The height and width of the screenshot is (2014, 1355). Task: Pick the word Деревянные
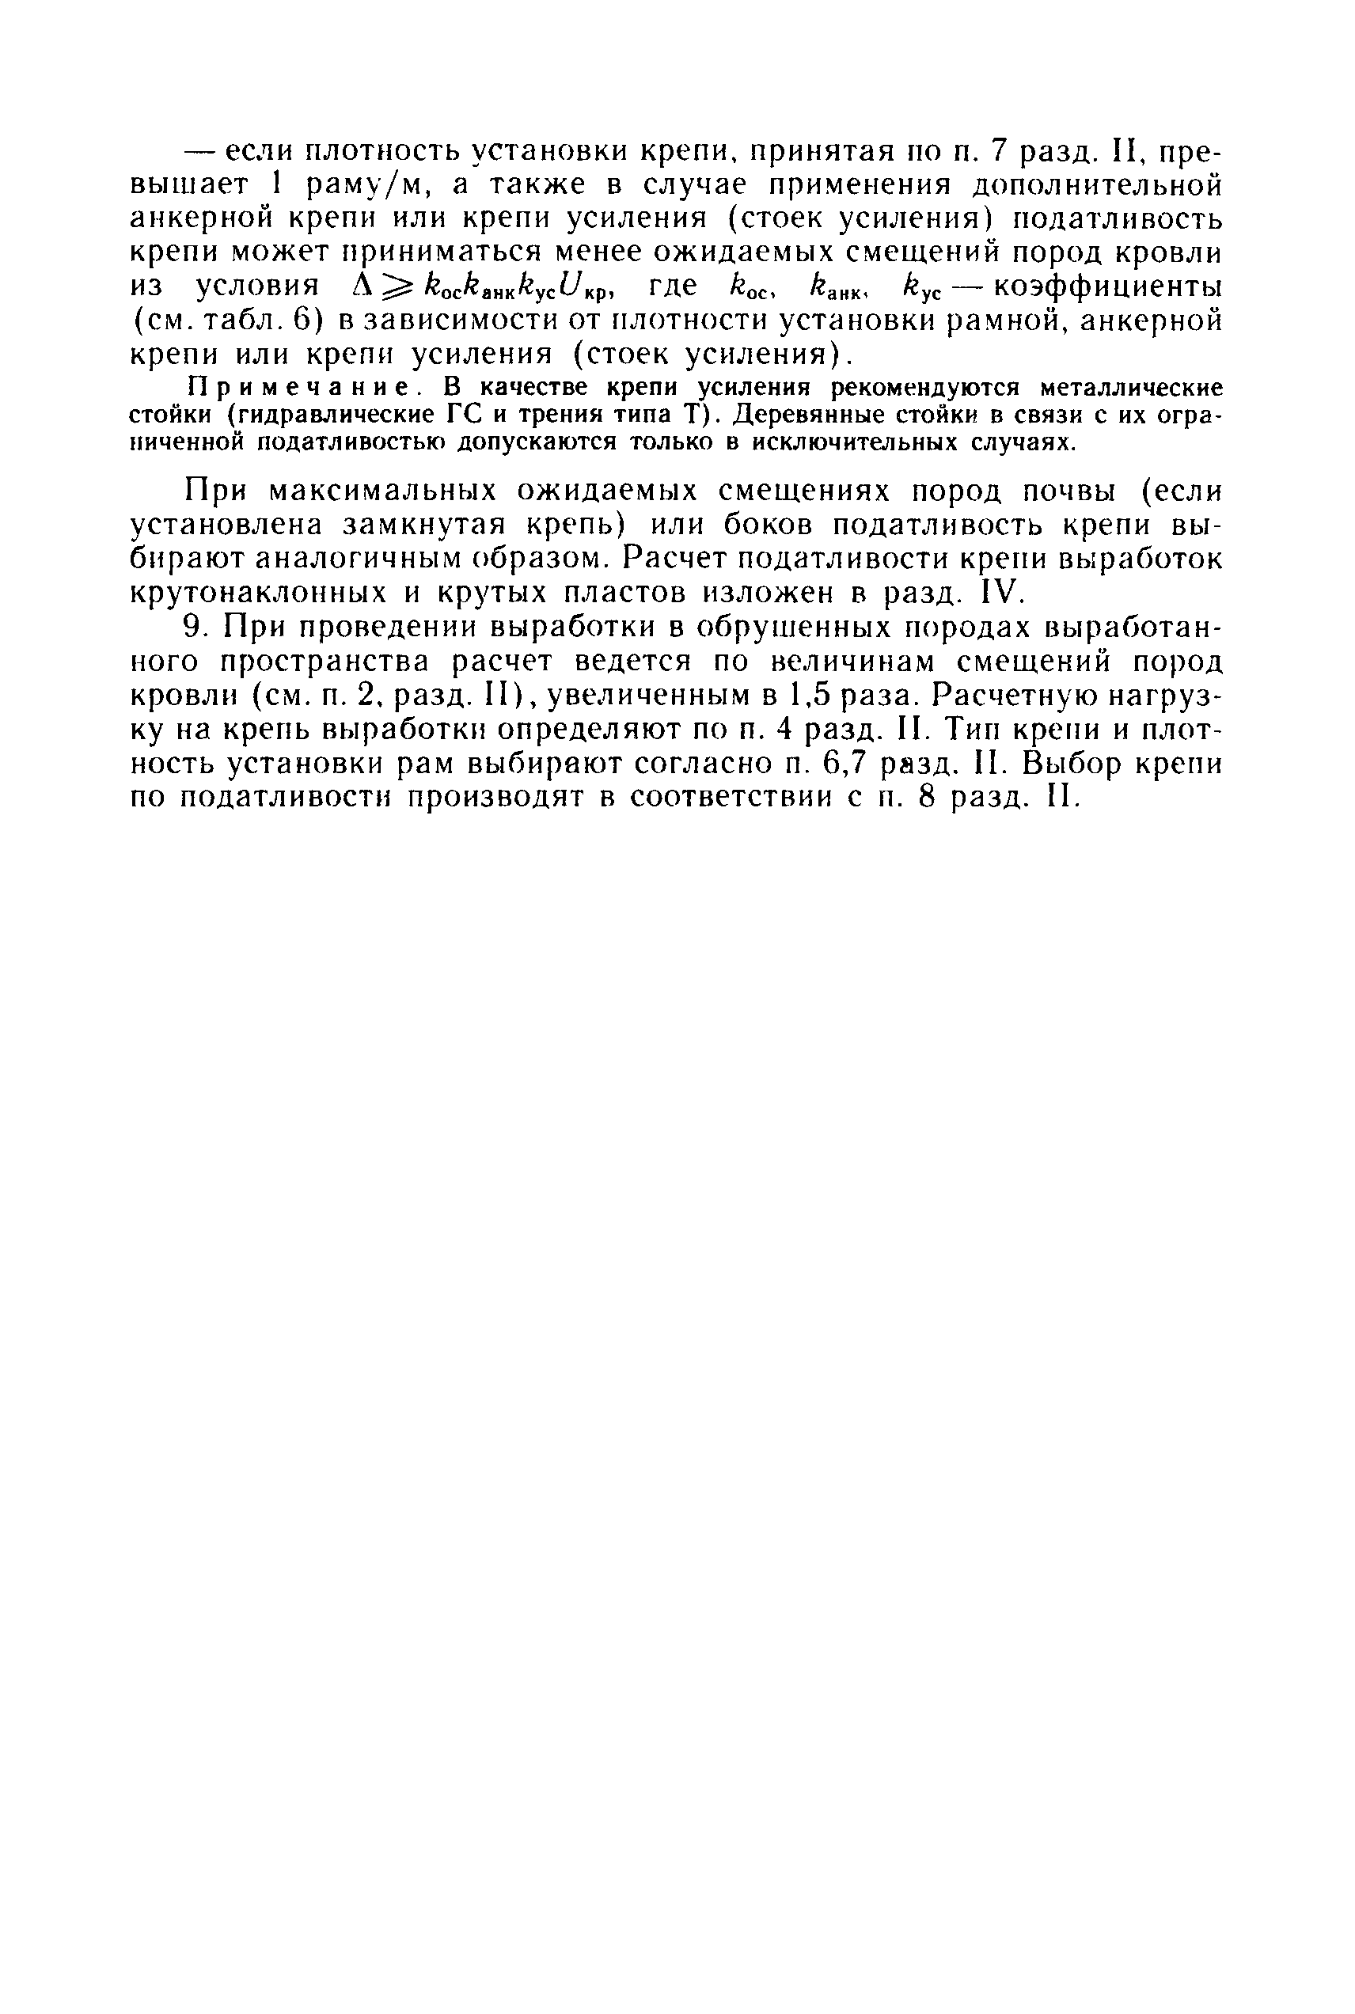(x=810, y=415)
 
